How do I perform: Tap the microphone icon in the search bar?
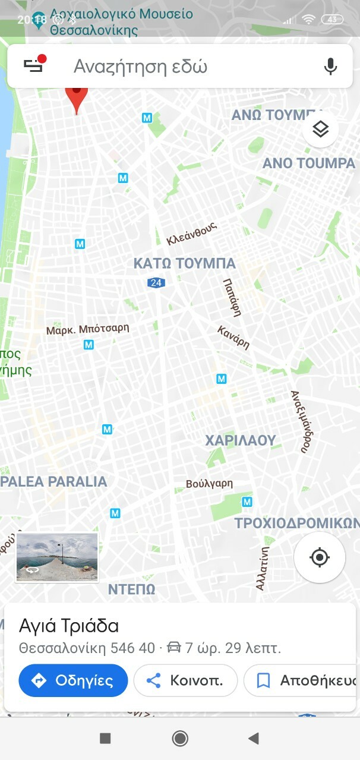tap(331, 67)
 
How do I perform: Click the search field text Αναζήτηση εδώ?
tap(140, 67)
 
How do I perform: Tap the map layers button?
tap(320, 129)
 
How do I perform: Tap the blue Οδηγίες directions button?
tap(73, 680)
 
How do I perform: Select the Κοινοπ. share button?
tap(185, 680)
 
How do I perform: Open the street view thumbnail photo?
tap(57, 557)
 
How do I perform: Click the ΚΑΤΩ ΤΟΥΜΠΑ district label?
tap(184, 263)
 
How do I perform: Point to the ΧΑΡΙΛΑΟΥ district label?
tap(241, 440)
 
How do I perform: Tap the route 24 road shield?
tap(156, 283)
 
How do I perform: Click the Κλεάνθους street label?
tap(192, 234)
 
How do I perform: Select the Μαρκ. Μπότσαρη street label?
tap(87, 329)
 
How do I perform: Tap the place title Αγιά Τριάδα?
tap(69, 626)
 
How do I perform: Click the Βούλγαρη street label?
tap(209, 484)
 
